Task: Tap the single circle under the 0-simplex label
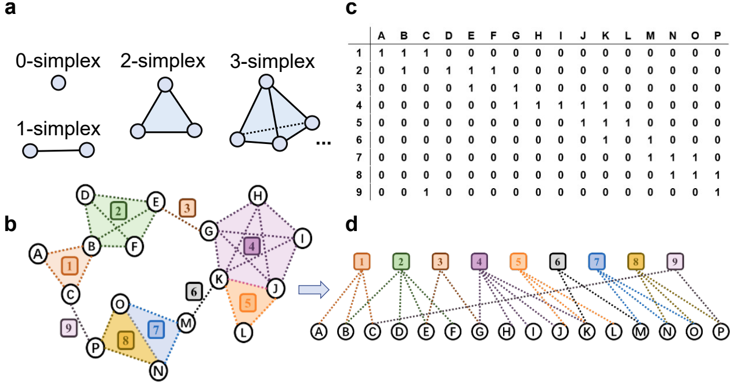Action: tap(58, 84)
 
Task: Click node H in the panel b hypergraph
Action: tap(256, 196)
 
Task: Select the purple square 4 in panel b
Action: tap(251, 246)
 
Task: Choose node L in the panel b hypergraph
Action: tap(243, 331)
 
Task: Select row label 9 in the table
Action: tap(359, 192)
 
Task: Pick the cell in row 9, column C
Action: tap(427, 192)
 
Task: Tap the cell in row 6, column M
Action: tap(650, 140)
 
